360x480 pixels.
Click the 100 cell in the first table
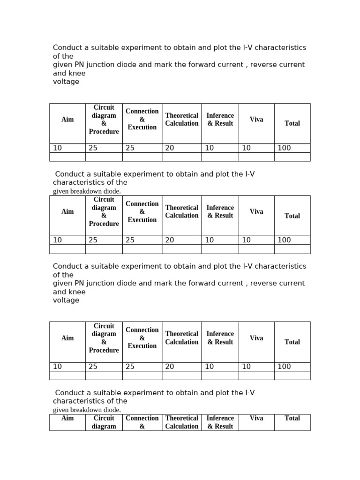pos(284,148)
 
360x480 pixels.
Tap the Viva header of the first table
pos(256,120)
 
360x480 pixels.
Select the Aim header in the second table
pos(67,212)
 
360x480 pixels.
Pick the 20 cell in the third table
pos(170,367)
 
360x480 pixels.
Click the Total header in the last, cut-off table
pos(292,418)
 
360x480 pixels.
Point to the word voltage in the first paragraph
pos(66,82)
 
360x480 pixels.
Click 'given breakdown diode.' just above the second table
pos(87,191)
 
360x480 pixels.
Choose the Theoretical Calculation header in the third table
pos(182,338)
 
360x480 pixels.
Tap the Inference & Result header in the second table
pos(220,212)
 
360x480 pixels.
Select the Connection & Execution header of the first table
pos(142,120)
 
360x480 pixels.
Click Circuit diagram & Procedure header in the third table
pos(104,338)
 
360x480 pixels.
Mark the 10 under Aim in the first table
pos(57,148)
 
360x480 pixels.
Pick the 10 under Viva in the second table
pos(246,240)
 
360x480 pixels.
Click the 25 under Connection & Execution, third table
pos(130,367)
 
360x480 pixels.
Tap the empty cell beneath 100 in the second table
pos(292,249)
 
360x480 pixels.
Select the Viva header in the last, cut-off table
pos(256,418)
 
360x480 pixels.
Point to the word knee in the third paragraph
pos(77,292)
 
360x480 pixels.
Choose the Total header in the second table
pos(292,216)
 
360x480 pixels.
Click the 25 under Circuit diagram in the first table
pos(93,148)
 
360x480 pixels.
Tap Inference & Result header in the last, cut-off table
pos(220,422)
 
